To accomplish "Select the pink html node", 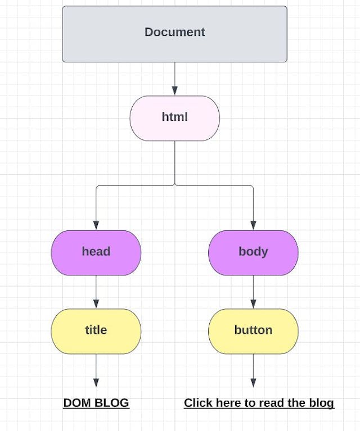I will tap(174, 118).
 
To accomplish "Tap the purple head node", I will tap(96, 252).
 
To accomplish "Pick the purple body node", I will tap(253, 252).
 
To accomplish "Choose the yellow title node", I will tap(96, 331).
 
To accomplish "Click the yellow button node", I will tap(253, 331).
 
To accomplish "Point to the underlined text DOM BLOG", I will tap(96, 403).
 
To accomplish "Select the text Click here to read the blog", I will tap(259, 403).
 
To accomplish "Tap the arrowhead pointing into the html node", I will tap(174, 91).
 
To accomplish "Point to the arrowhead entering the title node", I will tap(96, 305).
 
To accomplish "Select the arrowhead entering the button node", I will tap(253, 305).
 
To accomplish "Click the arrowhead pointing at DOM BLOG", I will tap(96, 383).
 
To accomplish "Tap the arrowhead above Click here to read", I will tap(253, 383).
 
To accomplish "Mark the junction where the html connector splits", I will tap(174, 185).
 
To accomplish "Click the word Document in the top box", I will tap(174, 32).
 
